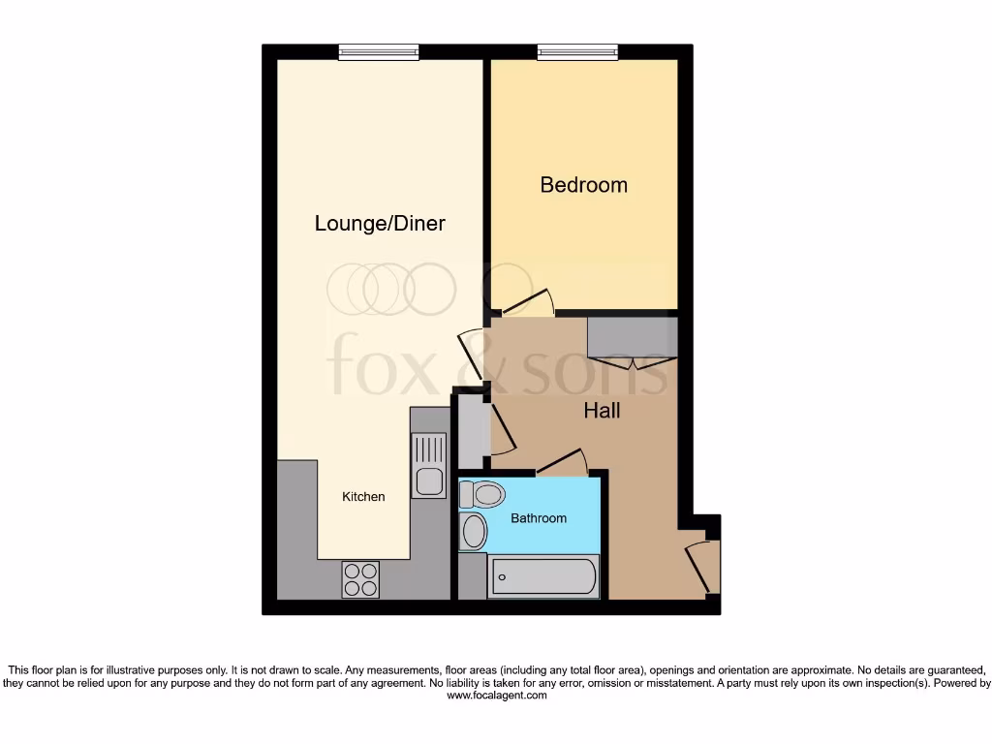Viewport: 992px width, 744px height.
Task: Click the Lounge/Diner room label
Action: click(380, 224)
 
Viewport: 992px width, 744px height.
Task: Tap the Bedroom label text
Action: click(583, 184)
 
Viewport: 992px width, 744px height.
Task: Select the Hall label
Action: click(602, 411)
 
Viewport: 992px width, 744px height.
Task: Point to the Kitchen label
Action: click(363, 497)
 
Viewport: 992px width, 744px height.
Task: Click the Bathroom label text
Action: click(539, 518)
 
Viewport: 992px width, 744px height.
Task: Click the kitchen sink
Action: click(428, 465)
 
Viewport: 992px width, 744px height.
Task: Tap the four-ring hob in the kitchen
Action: click(360, 579)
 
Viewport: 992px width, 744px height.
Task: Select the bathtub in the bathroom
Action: click(542, 577)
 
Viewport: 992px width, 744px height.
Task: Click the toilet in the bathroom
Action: click(482, 495)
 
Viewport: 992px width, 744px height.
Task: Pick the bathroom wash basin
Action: click(474, 531)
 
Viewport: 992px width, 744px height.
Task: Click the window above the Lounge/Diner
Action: click(379, 52)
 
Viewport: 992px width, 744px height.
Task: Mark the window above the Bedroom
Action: click(577, 52)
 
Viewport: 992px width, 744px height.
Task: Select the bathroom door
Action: click(563, 462)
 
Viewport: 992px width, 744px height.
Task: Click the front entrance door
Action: click(702, 568)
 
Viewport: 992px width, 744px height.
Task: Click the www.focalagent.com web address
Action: click(496, 696)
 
